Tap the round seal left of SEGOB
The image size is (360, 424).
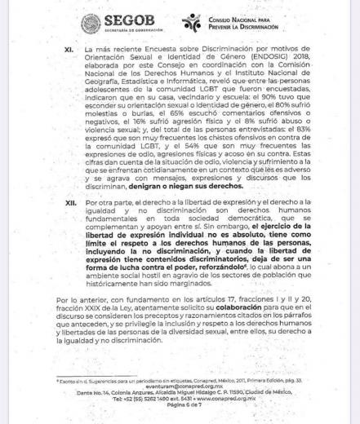(x=91, y=24)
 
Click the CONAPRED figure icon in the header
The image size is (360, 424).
(x=191, y=22)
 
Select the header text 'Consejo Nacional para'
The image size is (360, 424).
(x=241, y=18)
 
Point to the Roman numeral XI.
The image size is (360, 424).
(x=69, y=50)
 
